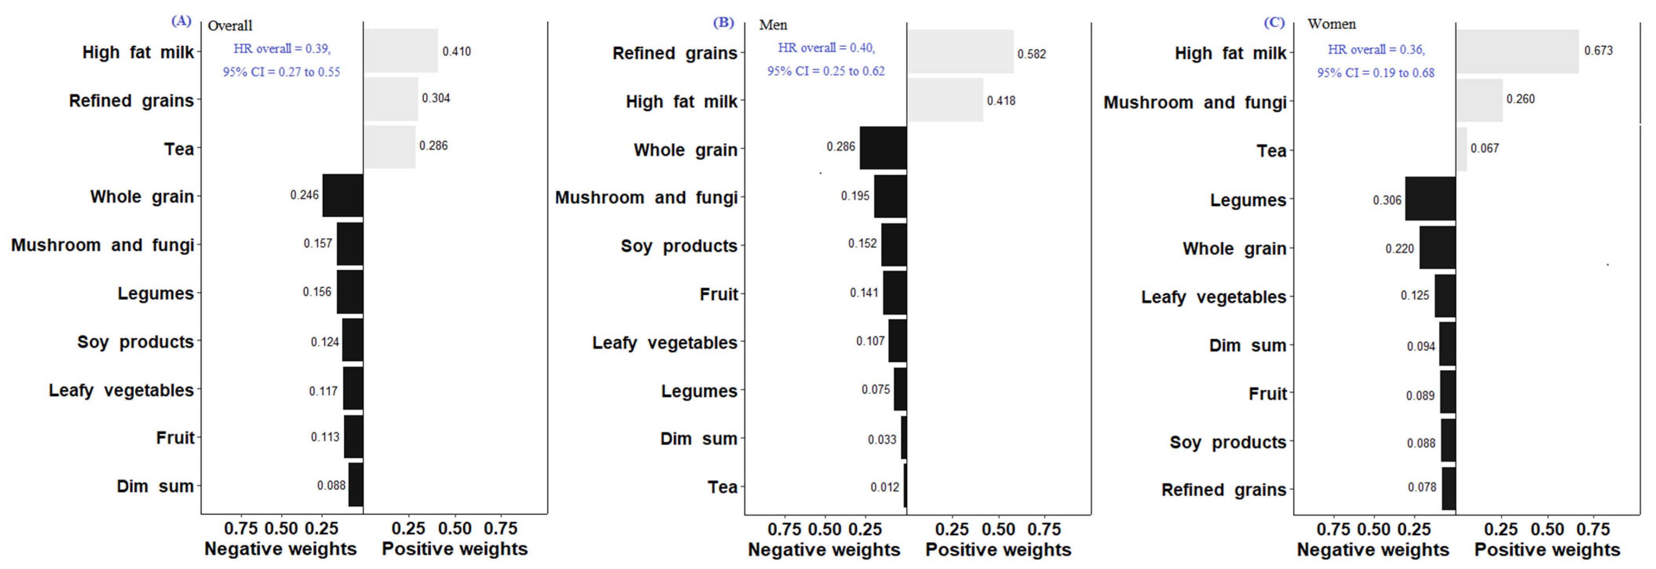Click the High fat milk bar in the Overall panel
(400, 51)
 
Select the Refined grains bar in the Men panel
(960, 51)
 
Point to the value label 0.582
(1031, 54)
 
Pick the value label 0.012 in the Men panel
(885, 487)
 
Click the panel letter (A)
(181, 21)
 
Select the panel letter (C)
(1274, 22)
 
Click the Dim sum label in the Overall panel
(155, 486)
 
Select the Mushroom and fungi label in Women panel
(1194, 102)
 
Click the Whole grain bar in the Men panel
(883, 148)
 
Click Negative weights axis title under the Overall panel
(280, 549)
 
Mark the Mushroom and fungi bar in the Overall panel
(350, 244)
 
